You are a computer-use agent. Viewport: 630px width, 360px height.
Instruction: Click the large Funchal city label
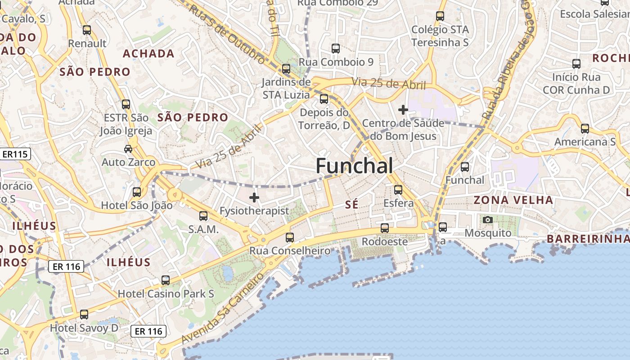tap(354, 166)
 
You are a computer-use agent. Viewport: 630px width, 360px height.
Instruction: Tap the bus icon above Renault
tap(87, 30)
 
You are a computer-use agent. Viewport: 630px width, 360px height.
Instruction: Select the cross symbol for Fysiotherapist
tap(254, 197)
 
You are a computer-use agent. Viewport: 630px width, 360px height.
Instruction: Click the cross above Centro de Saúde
tap(403, 109)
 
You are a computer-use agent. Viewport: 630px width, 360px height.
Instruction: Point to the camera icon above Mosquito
tap(487, 220)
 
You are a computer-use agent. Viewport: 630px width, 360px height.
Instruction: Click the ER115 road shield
tap(15, 154)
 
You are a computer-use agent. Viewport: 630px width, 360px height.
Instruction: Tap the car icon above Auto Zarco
tap(128, 149)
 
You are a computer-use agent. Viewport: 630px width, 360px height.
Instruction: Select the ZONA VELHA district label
tap(513, 200)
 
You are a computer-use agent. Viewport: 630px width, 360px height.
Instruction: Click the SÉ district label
tap(351, 205)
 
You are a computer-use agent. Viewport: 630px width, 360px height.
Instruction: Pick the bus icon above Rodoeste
tap(384, 228)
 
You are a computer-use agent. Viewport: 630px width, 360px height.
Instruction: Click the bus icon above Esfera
tap(398, 189)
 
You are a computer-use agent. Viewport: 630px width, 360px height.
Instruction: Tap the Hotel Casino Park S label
tap(166, 294)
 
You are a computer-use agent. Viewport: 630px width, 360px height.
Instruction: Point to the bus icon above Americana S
tap(585, 129)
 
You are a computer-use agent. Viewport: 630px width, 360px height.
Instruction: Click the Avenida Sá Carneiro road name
tap(223, 309)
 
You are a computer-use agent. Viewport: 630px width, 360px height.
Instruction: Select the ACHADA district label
tap(148, 54)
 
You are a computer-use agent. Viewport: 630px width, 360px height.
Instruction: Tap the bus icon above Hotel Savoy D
tap(84, 314)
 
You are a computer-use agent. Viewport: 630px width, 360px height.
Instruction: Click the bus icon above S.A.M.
tap(203, 216)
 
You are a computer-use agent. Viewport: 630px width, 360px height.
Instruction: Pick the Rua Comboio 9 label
tap(336, 62)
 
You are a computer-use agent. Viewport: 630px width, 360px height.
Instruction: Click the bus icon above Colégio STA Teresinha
tap(440, 16)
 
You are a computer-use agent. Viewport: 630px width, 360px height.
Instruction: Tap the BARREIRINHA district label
tap(587, 239)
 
